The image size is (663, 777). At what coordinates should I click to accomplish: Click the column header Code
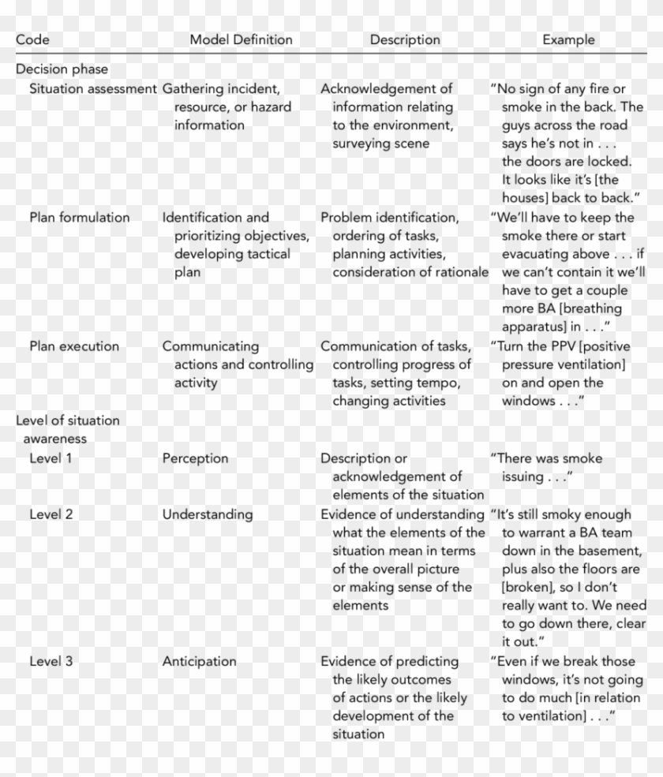32,39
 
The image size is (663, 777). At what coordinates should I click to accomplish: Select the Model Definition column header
241,39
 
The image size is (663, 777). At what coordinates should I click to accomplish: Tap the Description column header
405,39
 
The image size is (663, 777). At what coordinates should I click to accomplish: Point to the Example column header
568,39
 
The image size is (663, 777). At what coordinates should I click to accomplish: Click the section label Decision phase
62,69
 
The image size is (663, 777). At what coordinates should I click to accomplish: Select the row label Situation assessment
93,88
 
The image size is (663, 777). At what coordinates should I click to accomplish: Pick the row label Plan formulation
80,218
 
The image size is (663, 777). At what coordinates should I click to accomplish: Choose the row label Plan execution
74,346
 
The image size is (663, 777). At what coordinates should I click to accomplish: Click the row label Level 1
51,458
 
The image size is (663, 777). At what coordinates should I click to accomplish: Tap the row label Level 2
51,514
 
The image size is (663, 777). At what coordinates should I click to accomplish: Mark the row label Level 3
51,662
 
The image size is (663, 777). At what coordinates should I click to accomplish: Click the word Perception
195,458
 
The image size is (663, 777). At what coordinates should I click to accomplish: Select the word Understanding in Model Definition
208,514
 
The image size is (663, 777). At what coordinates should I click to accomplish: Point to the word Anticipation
199,662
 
